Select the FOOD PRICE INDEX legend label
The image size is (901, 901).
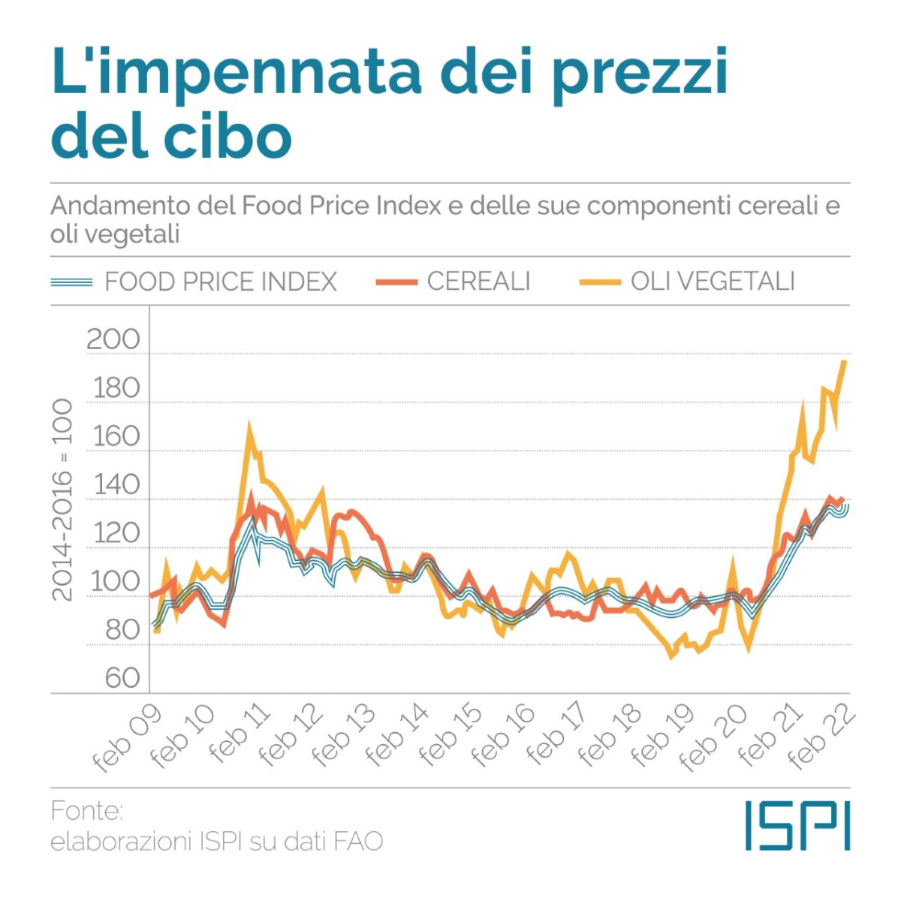220,282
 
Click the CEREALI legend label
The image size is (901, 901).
478,282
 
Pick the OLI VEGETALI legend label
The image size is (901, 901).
713,282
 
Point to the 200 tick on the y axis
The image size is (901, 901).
113,340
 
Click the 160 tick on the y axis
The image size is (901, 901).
116,437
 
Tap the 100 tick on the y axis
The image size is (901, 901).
116,582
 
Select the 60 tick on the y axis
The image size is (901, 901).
122,678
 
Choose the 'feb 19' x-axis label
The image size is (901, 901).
661,737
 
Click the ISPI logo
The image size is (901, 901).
797,826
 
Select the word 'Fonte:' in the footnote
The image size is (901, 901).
86,811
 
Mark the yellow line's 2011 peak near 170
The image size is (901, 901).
249,426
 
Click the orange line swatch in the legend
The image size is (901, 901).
396,282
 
